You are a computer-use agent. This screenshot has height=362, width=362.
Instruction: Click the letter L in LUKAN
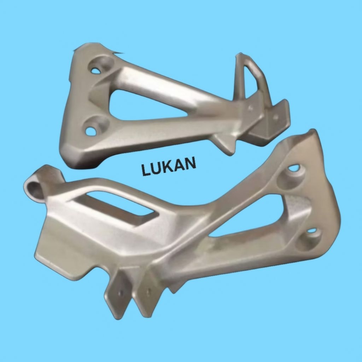pos(146,170)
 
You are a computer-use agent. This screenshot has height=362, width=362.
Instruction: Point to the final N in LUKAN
pos(191,163)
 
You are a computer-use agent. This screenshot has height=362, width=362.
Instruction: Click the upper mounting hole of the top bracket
pos(95,71)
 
